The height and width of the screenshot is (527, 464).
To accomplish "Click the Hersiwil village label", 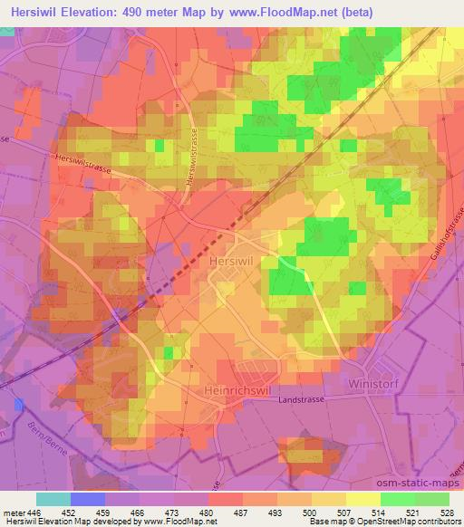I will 235,259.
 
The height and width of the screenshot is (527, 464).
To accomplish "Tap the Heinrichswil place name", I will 232,387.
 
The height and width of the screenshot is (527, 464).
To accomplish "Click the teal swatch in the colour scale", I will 53,498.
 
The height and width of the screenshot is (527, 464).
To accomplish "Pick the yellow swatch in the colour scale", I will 362,498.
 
